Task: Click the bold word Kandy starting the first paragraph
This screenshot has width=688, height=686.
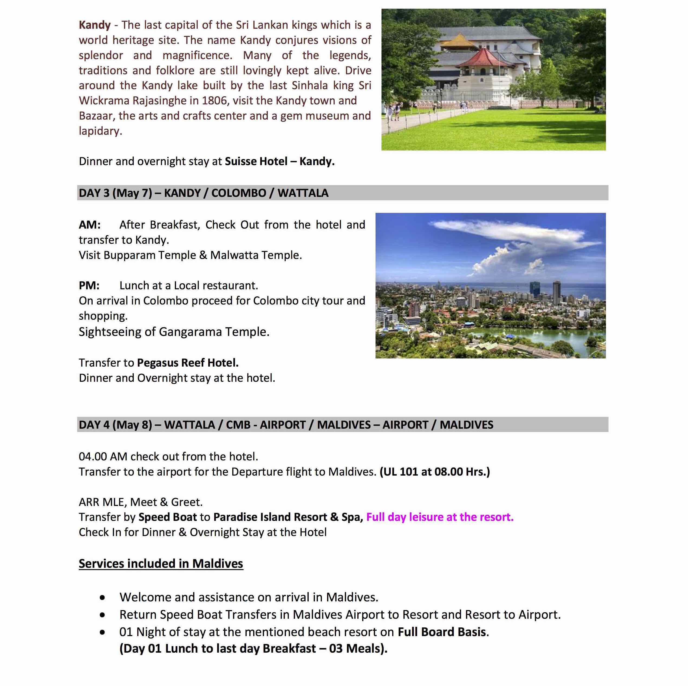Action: point(95,25)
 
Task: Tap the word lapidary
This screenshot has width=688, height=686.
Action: point(100,131)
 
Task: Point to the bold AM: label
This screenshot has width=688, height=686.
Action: point(89,225)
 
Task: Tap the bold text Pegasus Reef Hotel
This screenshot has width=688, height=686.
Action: point(188,363)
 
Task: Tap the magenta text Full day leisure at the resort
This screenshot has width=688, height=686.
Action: point(440,517)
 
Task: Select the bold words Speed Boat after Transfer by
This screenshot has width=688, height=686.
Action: point(167,517)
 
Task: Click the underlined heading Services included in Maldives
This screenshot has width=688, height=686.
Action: point(161,563)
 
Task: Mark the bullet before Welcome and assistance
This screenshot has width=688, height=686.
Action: point(103,597)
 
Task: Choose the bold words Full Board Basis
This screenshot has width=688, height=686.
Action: point(442,632)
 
